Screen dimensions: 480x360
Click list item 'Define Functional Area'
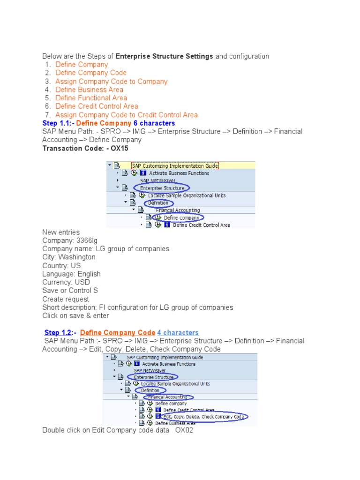tap(91, 98)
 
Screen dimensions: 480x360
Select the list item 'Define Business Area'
tap(89, 90)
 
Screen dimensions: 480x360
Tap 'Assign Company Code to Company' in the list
tap(111, 82)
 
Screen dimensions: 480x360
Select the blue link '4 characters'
tap(178, 333)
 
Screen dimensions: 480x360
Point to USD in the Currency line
tap(82, 282)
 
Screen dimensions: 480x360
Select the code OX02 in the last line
tap(184, 430)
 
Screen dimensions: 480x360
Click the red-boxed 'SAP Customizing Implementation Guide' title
tap(174, 165)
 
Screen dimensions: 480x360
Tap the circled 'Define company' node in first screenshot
tap(181, 217)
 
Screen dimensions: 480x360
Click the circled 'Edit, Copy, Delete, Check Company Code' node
tap(204, 416)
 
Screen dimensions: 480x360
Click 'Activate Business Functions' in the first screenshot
tap(179, 173)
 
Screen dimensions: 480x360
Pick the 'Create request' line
tap(66, 299)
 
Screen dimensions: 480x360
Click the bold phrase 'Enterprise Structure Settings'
tap(164, 56)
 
